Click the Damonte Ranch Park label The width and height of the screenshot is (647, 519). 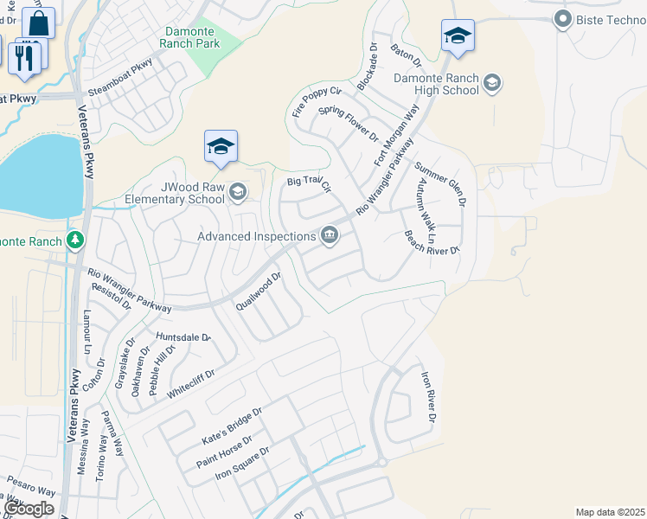tap(192, 37)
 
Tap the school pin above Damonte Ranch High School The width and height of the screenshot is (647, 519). tap(458, 36)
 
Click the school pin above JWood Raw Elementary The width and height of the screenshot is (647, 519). tap(221, 147)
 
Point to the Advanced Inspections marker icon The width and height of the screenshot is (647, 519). tap(330, 235)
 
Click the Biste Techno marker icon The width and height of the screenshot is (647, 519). tap(563, 18)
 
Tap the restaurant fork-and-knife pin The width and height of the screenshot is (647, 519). tap(24, 58)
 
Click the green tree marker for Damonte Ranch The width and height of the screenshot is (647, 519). tap(75, 239)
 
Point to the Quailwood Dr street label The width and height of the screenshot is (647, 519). tap(259, 293)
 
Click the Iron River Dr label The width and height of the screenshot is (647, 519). tap(427, 396)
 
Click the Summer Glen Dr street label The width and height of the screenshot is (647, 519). tap(440, 183)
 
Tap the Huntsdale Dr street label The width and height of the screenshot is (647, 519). tap(183, 336)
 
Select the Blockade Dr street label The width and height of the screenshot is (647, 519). tap(368, 67)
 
